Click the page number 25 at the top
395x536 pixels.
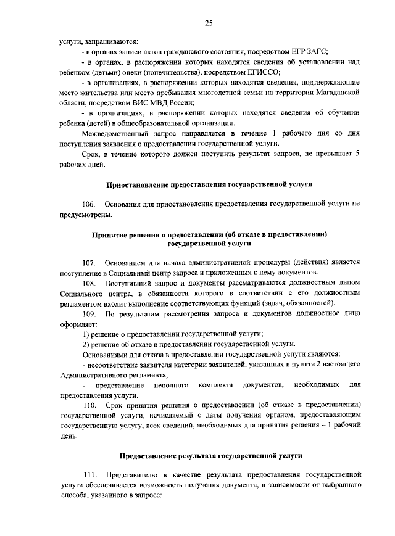pyautogui.click(x=209, y=23)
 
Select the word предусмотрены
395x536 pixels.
pyautogui.click(x=86, y=215)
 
